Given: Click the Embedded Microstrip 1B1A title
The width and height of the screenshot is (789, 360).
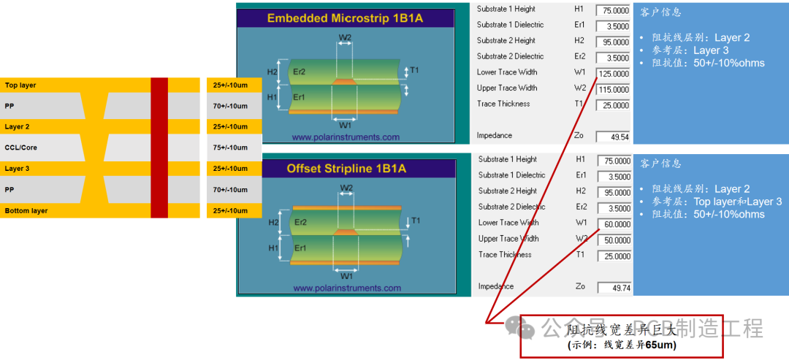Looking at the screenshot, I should click(345, 18).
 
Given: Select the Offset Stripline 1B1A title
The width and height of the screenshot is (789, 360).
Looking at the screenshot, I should click(346, 169).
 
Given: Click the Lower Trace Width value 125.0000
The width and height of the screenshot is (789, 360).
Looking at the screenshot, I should click(613, 74).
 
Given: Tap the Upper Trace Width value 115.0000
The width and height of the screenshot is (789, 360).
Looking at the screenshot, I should click(613, 90).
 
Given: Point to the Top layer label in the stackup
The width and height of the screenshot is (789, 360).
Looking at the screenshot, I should click(20, 85).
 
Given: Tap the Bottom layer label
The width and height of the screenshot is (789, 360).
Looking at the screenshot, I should click(26, 211).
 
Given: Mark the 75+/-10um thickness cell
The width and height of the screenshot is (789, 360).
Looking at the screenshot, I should click(230, 148).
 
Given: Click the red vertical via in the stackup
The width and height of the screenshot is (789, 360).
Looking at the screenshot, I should click(159, 148).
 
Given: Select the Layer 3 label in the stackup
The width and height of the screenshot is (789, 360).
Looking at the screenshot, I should click(18, 169).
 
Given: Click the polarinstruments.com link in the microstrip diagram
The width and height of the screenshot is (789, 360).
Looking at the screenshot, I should click(346, 137).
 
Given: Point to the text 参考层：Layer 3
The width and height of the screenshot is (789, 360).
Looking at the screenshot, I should click(690, 50).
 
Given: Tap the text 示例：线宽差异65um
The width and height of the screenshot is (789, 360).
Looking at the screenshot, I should click(622, 345).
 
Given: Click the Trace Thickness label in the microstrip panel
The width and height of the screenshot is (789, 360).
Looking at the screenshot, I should click(503, 104).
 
